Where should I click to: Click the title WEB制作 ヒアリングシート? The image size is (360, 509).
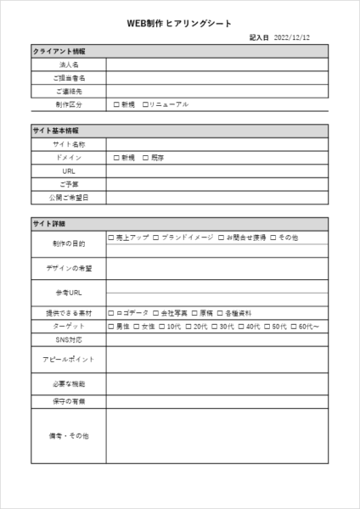[x=179, y=24]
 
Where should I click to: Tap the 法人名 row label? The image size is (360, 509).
[x=68, y=64]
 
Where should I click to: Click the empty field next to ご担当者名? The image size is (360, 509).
[x=217, y=77]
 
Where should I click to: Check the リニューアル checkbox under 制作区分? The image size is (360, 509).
[x=145, y=104]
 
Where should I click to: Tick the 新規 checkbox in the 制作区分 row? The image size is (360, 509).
[x=115, y=104]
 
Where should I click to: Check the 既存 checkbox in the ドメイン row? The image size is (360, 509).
[x=145, y=158]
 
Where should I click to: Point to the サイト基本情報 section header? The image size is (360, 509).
[x=55, y=131]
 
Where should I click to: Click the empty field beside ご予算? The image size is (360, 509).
[x=217, y=184]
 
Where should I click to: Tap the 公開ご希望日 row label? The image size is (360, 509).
[x=68, y=198]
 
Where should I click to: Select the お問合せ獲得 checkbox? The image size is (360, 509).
[x=222, y=238]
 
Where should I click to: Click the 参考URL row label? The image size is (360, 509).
[x=68, y=293]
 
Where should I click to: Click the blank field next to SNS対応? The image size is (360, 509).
[x=217, y=339]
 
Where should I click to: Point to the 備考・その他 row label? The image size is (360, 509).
[x=68, y=436]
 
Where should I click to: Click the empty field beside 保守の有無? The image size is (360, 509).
[x=217, y=400]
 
